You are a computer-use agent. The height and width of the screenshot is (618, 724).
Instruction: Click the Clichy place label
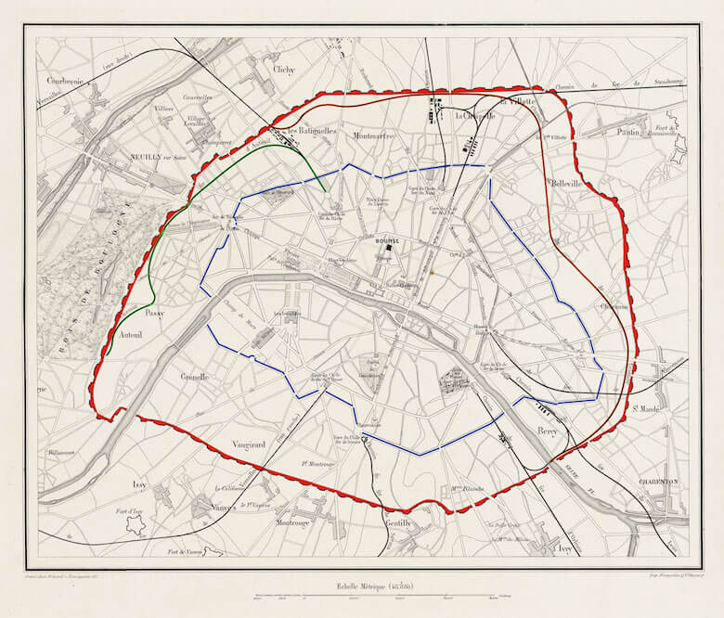click(x=284, y=68)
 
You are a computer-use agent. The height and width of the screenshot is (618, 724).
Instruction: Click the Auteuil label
click(x=130, y=334)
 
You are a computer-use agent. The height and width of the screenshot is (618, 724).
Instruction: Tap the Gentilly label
click(x=396, y=522)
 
